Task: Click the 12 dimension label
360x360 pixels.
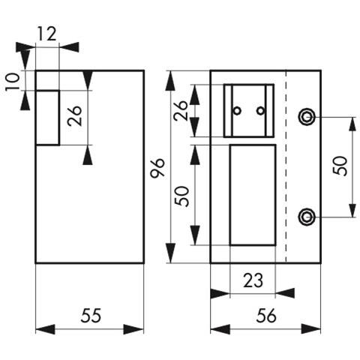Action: click(47, 34)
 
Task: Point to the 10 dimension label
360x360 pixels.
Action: click(13, 82)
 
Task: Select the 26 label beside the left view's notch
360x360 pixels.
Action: click(75, 116)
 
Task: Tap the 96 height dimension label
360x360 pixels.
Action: click(158, 167)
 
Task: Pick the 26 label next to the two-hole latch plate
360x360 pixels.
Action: click(181, 110)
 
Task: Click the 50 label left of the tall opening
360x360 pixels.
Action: click(182, 196)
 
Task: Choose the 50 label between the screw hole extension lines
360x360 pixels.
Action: click(340, 166)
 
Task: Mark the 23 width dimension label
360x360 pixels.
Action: click(253, 280)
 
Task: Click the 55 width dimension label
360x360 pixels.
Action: click(91, 316)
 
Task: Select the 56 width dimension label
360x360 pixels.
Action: click(266, 316)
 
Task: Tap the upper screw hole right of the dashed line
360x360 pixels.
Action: click(307, 117)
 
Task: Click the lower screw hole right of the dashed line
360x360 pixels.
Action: click(306, 217)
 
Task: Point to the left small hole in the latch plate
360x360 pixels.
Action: click(237, 110)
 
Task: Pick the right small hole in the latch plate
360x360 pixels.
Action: click(261, 110)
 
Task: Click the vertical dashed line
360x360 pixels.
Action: click(286, 166)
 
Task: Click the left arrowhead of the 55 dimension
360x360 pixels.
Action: click(45, 329)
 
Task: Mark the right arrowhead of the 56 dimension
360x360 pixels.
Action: click(310, 329)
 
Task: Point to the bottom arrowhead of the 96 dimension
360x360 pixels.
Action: click(171, 253)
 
